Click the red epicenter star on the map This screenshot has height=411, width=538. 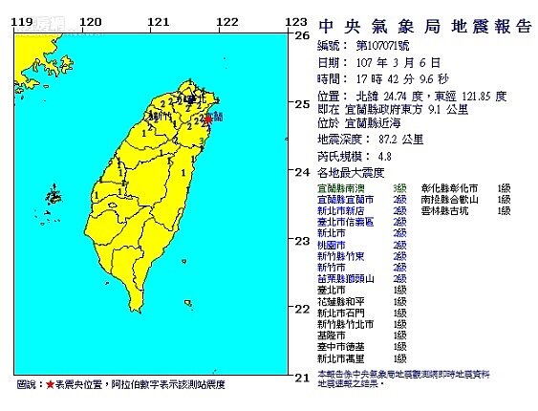209,119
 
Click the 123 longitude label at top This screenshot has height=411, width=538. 297,21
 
